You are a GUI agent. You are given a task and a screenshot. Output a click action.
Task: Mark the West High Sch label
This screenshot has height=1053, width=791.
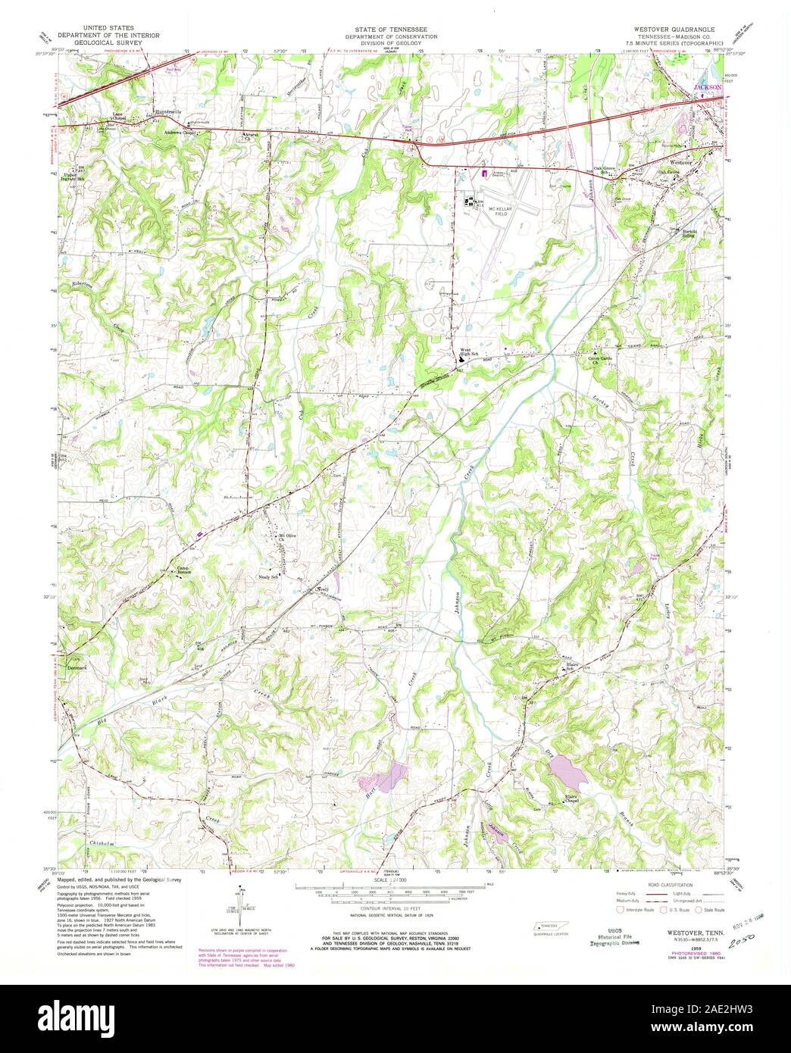click(470, 352)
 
